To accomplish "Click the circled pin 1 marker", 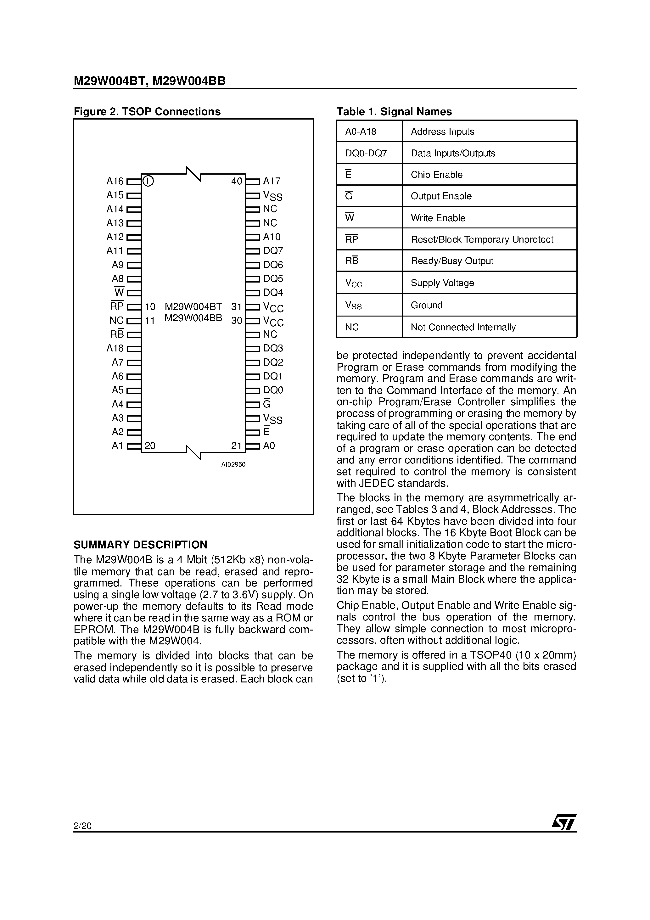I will [148, 181].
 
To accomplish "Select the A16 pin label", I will [115, 181].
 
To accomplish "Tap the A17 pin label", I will [272, 181].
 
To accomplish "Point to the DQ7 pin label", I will [273, 251].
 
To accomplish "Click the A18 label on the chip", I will [115, 348].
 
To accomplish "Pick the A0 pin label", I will [269, 446].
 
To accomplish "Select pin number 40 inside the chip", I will [237, 181].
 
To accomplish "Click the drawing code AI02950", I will [233, 464].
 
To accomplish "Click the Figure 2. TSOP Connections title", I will [147, 111].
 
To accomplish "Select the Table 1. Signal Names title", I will [394, 111].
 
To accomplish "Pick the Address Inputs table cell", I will [442, 132].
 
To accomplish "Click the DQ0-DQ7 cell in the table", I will [366, 153].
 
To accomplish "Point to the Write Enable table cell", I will [438, 218].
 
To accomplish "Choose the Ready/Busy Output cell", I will [452, 261].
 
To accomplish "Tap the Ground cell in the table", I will [426, 305].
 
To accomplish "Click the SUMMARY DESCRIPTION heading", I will [140, 545].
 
